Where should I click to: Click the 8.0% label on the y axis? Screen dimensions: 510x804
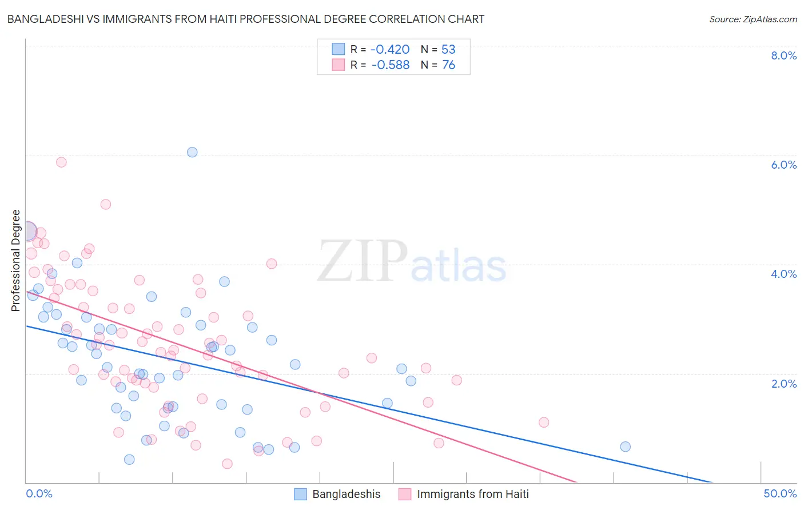click(783, 55)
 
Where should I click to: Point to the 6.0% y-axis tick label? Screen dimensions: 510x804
click(783, 165)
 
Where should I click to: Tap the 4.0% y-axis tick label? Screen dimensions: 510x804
click(783, 274)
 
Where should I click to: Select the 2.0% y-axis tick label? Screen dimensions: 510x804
click(783, 384)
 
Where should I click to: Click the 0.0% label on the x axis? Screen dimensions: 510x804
click(39, 493)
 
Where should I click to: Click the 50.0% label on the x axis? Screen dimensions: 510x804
click(780, 493)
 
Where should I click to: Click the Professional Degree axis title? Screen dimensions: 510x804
click(15, 261)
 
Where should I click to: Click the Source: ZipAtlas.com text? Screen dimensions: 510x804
click(753, 19)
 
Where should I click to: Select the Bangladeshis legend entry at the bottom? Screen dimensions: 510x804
click(346, 494)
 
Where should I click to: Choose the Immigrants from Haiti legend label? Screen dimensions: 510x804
click(472, 494)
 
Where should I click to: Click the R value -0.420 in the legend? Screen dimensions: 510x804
click(391, 50)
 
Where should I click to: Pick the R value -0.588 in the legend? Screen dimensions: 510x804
click(391, 65)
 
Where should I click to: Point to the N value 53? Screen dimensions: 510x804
click(448, 50)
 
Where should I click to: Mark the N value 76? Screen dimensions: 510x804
click(448, 65)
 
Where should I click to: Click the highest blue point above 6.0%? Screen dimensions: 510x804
click(192, 152)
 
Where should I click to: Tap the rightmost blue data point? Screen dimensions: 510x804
click(625, 447)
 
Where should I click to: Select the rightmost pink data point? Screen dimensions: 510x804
click(544, 423)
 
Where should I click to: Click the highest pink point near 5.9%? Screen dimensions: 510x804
click(61, 162)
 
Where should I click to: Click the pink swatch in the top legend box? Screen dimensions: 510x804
click(339, 65)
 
